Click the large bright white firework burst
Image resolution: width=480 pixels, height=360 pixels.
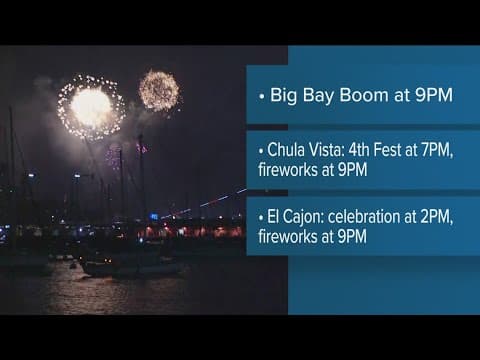tap(91, 107)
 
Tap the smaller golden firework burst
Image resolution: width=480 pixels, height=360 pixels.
tap(158, 90)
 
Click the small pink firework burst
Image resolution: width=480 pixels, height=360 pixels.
tap(114, 155)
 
